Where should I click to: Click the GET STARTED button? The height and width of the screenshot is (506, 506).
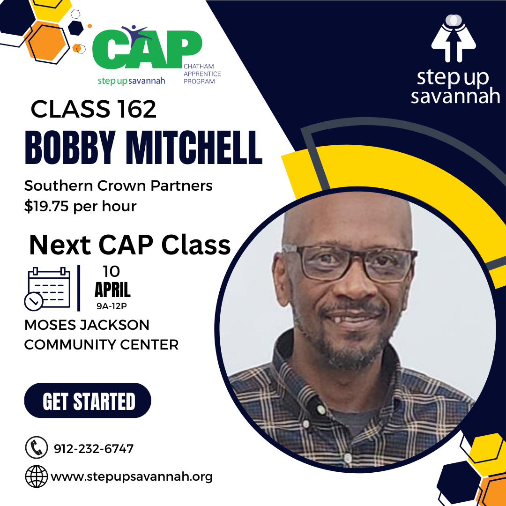click(88, 400)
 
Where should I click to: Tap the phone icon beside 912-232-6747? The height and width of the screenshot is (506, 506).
click(36, 447)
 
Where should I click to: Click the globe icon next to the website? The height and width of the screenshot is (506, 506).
click(36, 476)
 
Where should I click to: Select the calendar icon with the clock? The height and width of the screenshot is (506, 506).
click(47, 289)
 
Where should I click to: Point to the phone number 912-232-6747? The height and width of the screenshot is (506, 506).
click(94, 448)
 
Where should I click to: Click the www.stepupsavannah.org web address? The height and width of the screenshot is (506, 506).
click(132, 477)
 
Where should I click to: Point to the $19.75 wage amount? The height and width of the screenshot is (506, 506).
click(46, 206)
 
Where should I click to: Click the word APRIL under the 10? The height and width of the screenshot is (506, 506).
click(112, 290)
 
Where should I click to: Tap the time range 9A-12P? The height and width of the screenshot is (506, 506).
click(112, 306)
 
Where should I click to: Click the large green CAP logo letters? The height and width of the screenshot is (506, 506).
click(147, 49)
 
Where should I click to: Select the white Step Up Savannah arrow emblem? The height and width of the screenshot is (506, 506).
click(454, 38)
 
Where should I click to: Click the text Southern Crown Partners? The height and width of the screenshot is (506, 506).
click(119, 186)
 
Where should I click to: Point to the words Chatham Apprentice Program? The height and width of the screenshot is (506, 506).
click(202, 74)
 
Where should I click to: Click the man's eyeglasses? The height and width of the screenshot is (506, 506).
click(350, 262)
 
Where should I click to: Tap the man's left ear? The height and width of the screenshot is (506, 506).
click(281, 279)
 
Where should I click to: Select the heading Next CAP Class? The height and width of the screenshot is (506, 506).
click(130, 245)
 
